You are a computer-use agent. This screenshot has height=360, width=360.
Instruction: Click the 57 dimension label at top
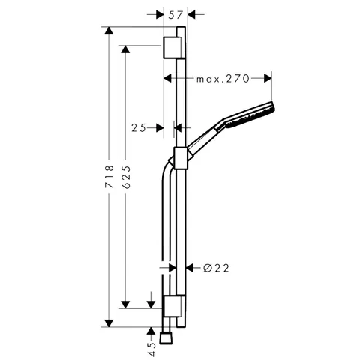click(x=175, y=15)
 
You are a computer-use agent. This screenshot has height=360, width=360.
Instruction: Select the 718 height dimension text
click(x=109, y=176)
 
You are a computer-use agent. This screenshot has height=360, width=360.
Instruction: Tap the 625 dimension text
click(x=127, y=177)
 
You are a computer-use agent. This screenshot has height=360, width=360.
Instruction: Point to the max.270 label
click(x=223, y=79)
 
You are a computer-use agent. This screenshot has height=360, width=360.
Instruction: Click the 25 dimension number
click(x=139, y=128)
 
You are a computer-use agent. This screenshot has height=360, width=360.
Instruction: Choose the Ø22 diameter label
click(x=216, y=268)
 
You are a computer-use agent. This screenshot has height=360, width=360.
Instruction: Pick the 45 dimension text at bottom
click(x=151, y=349)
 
